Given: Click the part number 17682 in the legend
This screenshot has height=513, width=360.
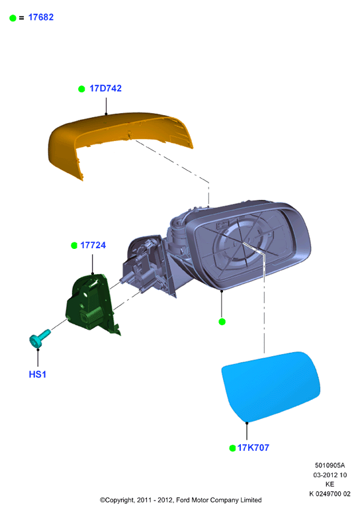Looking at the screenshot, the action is click(41, 17).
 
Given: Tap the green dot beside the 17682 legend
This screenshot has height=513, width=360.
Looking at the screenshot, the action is click(13, 18).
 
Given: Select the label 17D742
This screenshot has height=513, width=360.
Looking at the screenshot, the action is click(105, 88).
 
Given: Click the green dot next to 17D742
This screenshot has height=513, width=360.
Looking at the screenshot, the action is click(81, 89).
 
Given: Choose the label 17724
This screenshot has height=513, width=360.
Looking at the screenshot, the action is click(93, 245).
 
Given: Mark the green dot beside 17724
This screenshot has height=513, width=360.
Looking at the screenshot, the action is click(74, 246).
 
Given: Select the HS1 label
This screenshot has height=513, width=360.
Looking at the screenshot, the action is click(37, 374).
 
